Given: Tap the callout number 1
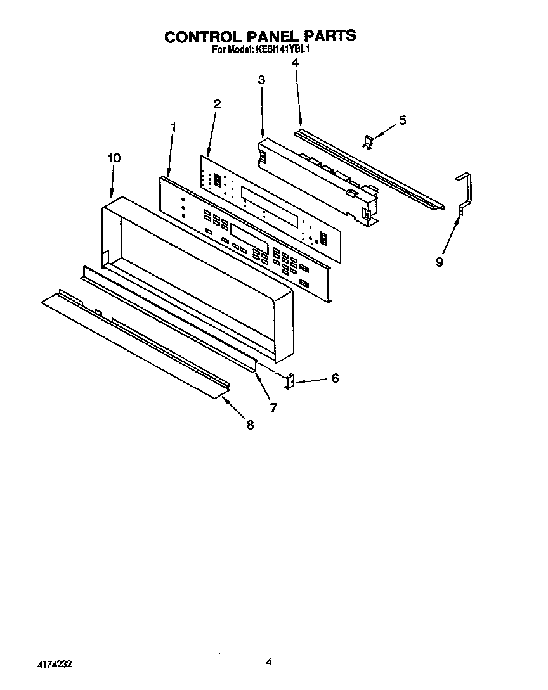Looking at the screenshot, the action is [174, 127].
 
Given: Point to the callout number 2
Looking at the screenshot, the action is [217, 105].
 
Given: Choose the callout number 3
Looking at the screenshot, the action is [262, 80].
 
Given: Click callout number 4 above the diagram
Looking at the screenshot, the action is [295, 63].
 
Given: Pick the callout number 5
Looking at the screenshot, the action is [403, 120].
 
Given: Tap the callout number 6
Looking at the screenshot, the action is [336, 378].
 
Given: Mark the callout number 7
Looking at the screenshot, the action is [273, 408].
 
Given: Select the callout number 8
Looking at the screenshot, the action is [250, 425].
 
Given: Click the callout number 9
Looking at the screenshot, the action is [439, 263].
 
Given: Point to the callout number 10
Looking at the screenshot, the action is [114, 158].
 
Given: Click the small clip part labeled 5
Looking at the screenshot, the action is [369, 141].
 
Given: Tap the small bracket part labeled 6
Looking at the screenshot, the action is [289, 381].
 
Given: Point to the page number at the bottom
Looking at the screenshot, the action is [269, 661].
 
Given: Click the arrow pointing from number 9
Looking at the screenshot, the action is [450, 234].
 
